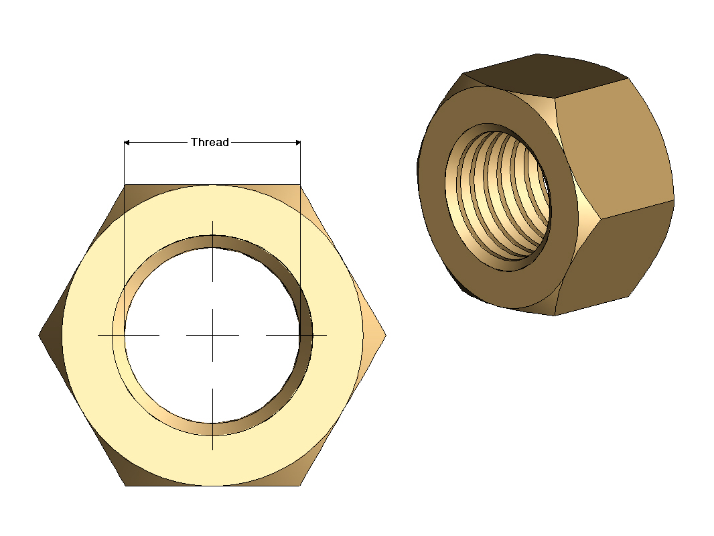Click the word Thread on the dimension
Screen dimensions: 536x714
coord(210,142)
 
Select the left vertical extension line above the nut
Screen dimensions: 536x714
coord(125,164)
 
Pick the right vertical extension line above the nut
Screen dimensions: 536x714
coord(300,164)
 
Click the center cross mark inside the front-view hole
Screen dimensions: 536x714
coord(212,334)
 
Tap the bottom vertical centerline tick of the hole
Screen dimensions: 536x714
coord(212,419)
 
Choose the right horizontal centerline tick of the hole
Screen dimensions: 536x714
coord(296,334)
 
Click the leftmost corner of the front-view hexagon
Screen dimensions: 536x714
coord(40,334)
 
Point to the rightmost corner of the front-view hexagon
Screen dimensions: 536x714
coord(385,334)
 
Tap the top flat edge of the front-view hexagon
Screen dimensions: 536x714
coord(212,184)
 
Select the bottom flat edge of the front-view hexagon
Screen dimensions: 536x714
coord(212,485)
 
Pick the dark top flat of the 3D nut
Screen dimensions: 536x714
coord(543,74)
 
